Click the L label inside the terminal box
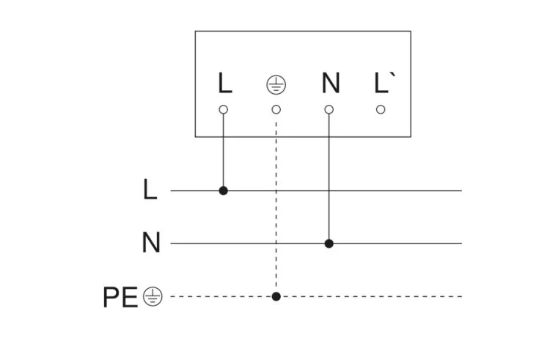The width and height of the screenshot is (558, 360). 224,84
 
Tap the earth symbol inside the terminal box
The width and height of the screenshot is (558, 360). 276,85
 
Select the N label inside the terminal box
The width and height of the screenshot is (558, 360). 330,84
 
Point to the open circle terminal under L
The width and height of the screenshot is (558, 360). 224,109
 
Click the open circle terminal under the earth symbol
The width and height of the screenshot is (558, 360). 276,109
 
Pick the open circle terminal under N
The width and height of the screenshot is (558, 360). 329,109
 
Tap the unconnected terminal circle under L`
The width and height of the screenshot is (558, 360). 381,109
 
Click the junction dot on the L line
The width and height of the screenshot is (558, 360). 224,191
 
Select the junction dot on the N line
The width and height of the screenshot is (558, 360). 329,243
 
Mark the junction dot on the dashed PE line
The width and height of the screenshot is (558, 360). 276,296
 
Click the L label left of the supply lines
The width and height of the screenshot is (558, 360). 150,191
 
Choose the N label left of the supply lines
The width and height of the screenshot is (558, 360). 150,243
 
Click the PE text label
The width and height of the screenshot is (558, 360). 120,297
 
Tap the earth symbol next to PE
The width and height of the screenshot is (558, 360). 153,297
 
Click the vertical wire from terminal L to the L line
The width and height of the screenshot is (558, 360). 224,150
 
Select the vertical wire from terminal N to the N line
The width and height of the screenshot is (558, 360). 329,176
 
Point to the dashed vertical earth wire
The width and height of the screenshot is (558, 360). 276,205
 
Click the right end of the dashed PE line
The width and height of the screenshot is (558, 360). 460,296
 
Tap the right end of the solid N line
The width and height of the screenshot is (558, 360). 460,243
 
